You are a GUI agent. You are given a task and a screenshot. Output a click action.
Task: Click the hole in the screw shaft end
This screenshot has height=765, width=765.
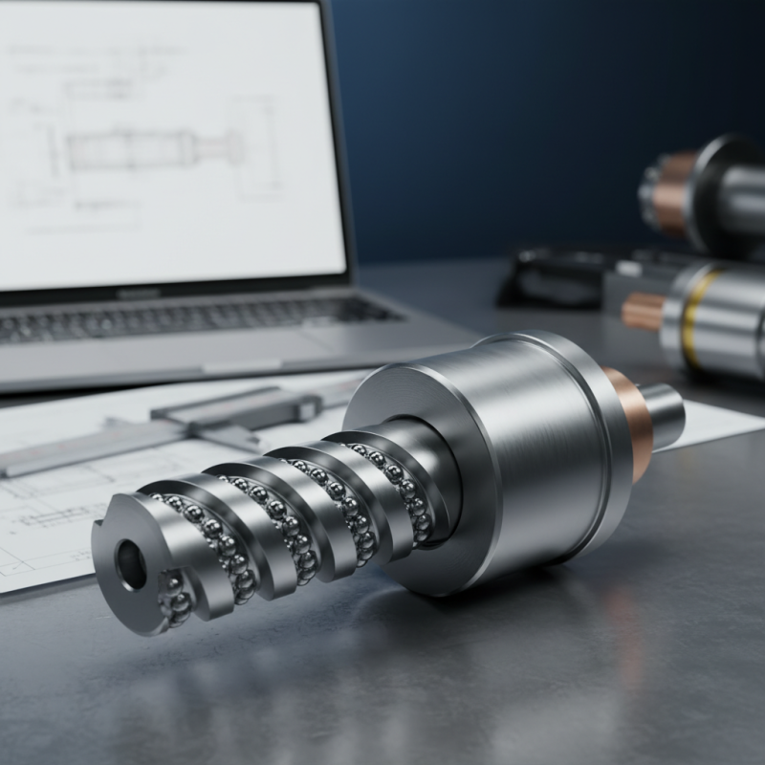coord(131,565)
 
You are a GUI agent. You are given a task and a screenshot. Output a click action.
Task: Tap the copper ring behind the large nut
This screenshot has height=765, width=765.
coord(631,421)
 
